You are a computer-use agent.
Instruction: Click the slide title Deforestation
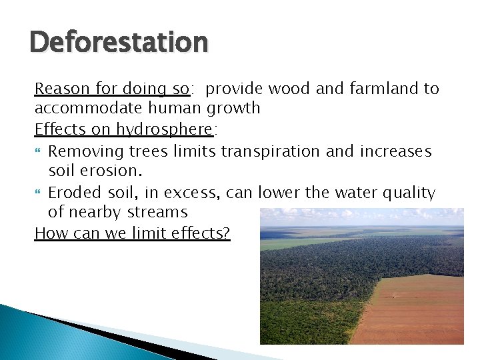pos(119,43)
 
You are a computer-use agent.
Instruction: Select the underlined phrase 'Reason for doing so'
pos(113,89)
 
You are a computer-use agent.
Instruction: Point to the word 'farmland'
pos(380,89)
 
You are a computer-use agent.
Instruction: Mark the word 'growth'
pos(235,108)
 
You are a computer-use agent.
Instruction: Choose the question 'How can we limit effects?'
pos(132,233)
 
